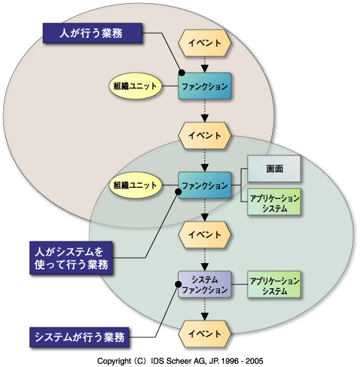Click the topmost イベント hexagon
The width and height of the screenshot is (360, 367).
coord(205,43)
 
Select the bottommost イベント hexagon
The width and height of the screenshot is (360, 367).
coord(205,334)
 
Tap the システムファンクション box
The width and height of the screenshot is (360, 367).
coord(205,284)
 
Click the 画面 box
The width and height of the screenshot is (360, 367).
coord(274,169)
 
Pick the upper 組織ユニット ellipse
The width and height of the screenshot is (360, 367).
coord(135,86)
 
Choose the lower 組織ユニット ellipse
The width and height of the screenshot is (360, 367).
coord(135,185)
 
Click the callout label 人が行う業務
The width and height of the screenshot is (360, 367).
coord(92,33)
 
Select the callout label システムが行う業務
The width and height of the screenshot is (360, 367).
coord(79,337)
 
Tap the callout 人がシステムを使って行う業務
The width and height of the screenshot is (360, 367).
coord(71,258)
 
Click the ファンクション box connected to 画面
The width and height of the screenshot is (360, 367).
coord(205,185)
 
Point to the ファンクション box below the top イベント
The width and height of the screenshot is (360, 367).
coord(205,86)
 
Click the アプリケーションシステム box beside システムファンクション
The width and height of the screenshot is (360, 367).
coord(274,284)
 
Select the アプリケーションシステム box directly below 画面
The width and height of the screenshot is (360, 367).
coord(274,202)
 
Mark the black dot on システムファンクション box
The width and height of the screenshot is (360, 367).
coord(178,284)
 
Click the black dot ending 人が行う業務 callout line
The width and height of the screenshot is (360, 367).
coord(182,73)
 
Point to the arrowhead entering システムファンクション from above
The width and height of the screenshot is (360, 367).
coord(205,267)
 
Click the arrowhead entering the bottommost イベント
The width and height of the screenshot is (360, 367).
coord(205,317)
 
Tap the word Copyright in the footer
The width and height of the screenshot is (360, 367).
coord(114,361)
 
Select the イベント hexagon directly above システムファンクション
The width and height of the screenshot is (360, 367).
coord(205,235)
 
